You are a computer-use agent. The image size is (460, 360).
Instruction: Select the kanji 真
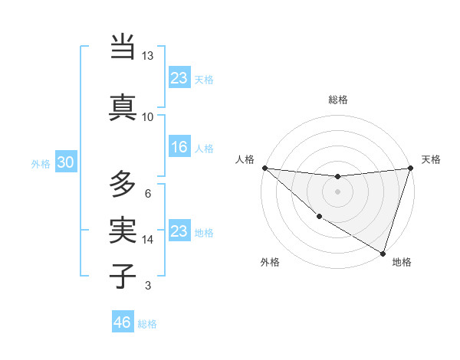click(x=123, y=106)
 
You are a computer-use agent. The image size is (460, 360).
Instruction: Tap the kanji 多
click(x=123, y=185)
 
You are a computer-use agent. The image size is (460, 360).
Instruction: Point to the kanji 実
click(x=123, y=229)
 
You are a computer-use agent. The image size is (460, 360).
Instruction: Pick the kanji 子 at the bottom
click(x=123, y=275)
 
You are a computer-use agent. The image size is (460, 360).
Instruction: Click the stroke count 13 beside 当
click(x=148, y=56)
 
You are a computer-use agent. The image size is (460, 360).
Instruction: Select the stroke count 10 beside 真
click(x=148, y=117)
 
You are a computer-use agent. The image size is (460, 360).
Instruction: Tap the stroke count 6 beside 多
click(x=148, y=193)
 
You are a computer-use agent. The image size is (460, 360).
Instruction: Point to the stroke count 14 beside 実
click(x=148, y=240)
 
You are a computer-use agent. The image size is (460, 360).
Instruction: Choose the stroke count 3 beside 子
click(x=148, y=286)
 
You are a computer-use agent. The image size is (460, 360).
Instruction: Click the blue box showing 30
click(x=65, y=162)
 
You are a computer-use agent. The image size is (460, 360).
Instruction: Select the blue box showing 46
click(x=122, y=322)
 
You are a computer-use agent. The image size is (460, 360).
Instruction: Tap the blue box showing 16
click(x=179, y=147)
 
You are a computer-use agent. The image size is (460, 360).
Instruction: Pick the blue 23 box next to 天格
click(x=179, y=78)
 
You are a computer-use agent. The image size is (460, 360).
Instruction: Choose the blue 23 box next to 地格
click(x=179, y=231)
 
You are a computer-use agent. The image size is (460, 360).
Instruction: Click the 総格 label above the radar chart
click(x=338, y=100)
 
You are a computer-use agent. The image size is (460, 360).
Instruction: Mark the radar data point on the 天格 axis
click(x=410, y=169)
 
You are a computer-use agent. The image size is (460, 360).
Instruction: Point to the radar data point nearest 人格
click(x=265, y=168)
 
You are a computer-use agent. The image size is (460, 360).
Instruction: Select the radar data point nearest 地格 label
click(x=383, y=252)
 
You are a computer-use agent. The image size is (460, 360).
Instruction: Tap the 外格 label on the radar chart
click(x=271, y=262)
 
